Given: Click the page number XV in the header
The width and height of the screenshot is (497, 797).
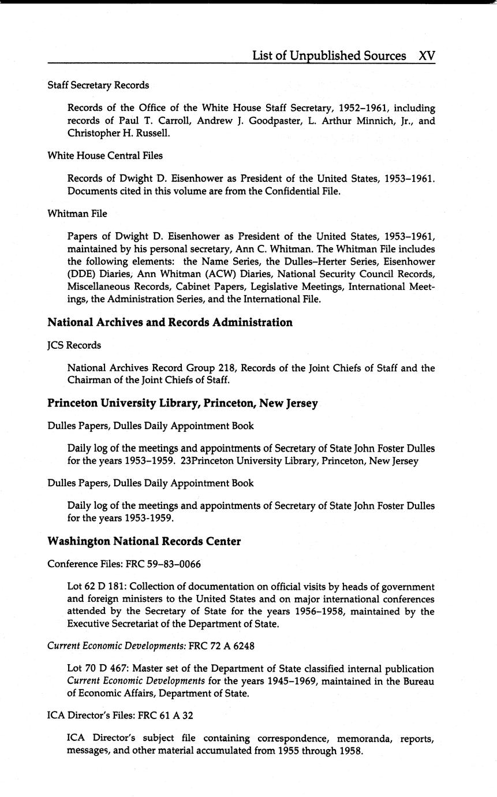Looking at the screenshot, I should coord(427,55).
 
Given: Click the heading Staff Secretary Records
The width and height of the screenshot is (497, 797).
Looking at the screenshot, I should coord(98,85).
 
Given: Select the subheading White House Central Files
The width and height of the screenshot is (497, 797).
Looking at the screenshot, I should coord(105,155).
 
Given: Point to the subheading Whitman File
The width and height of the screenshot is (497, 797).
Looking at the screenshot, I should coord(77,213).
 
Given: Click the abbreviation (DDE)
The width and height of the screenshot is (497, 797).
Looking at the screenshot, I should coord(81,274).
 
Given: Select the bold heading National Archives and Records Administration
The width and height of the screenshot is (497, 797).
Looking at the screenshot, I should coord(170,322).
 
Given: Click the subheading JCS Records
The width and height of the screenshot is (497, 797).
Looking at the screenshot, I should coord(74,345).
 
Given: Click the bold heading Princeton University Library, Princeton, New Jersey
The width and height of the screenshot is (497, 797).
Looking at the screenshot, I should coord(182,403).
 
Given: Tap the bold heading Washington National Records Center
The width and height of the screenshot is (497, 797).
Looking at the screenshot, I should coord(144,541).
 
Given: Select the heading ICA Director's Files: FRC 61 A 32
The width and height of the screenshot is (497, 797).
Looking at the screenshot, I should coord(120,715).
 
